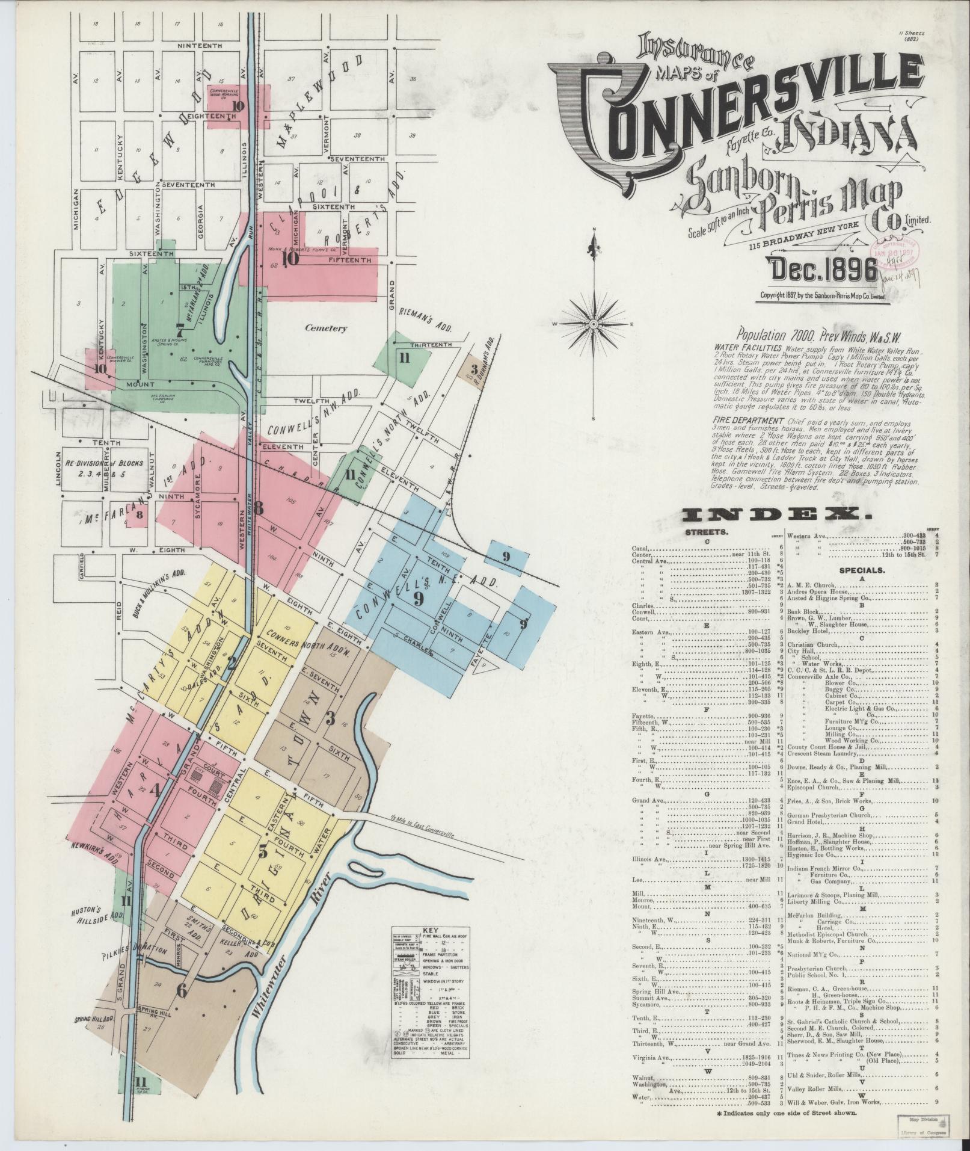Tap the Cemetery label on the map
point(325,329)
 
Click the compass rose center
point(594,324)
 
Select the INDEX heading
point(776,515)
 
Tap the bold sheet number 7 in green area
point(179,329)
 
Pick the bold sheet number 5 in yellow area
point(263,851)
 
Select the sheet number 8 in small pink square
point(139,514)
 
